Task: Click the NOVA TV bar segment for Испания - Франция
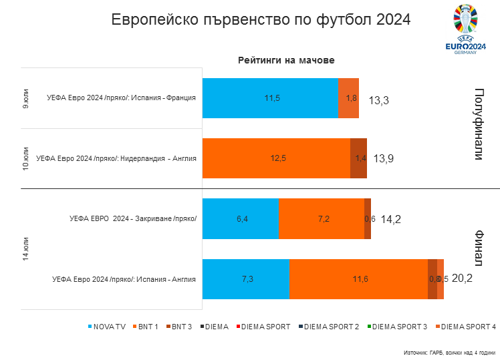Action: [x=270, y=98]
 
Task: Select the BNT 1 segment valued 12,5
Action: [x=276, y=158]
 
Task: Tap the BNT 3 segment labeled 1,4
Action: [x=359, y=158]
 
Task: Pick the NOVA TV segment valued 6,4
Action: [x=241, y=218]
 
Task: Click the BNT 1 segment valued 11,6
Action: [x=359, y=279]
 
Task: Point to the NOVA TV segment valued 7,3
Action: [x=246, y=279]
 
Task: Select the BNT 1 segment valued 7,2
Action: [x=322, y=218]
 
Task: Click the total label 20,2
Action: [x=462, y=279]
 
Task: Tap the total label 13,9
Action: [x=384, y=158]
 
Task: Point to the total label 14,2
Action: [x=390, y=218]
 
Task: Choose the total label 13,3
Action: [x=378, y=100]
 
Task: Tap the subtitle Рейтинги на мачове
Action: [x=286, y=60]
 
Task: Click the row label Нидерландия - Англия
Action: [x=116, y=158]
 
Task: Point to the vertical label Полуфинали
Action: [x=479, y=124]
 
